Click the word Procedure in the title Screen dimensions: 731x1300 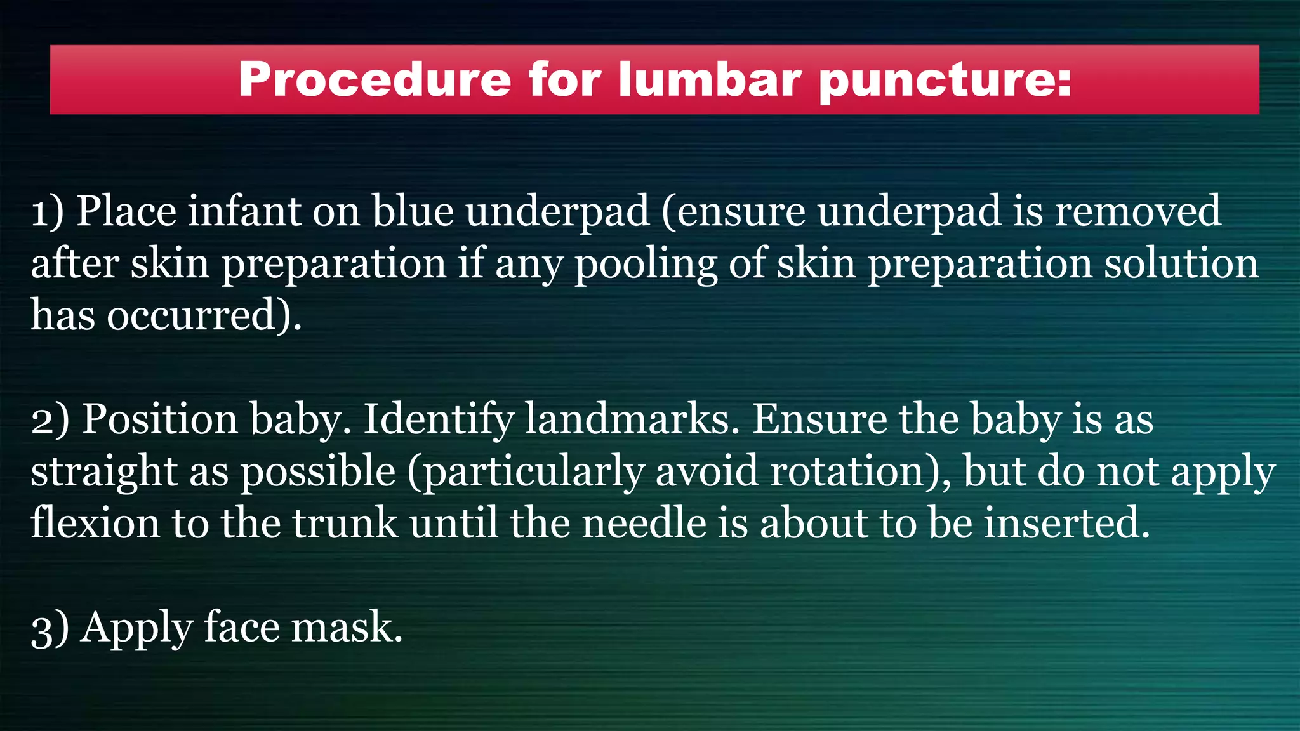click(x=375, y=80)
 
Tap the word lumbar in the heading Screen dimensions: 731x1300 click(x=710, y=80)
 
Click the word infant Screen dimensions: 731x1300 click(x=244, y=212)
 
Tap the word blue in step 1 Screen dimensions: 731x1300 click(x=413, y=212)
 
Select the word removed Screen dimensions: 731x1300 click(x=1137, y=212)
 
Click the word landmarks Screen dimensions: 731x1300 click(x=632, y=420)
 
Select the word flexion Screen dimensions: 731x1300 click(x=95, y=524)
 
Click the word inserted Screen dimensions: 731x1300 click(x=1066, y=524)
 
